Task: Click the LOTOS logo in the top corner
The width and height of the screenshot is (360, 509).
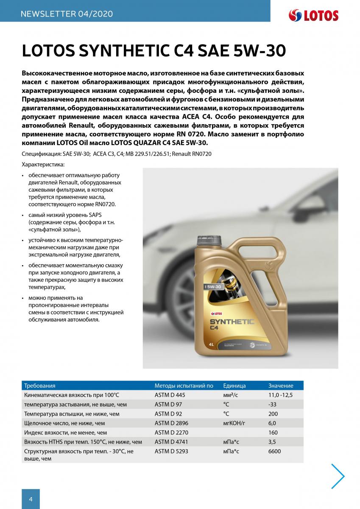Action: click(313, 16)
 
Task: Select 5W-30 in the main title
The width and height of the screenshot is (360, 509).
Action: click(260, 51)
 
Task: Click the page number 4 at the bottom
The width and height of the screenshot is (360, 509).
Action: click(31, 499)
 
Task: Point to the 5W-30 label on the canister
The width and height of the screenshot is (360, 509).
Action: click(213, 287)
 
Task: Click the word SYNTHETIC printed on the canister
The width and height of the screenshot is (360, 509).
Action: click(232, 322)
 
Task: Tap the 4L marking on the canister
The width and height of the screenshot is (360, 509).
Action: click(211, 344)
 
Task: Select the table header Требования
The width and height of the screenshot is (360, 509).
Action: click(40, 386)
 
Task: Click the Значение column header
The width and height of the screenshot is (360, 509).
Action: click(281, 386)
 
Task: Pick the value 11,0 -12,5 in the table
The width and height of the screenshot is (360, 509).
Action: click(281, 395)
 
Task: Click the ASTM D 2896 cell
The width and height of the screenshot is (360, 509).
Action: click(171, 423)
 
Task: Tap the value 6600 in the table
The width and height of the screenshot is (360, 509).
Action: click(275, 451)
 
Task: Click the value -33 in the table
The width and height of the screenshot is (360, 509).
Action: click(273, 404)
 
